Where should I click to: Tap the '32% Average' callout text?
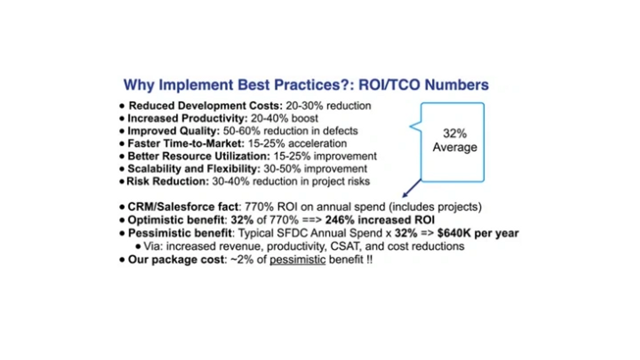click(455, 140)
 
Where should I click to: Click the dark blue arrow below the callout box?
click(412, 188)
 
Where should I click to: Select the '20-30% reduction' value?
click(328, 106)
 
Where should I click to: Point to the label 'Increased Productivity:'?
click(188, 118)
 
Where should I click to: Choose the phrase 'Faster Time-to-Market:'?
click(186, 144)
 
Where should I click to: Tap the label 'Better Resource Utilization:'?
click(199, 156)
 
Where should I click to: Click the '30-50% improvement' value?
click(315, 169)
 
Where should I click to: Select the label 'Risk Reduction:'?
click(168, 181)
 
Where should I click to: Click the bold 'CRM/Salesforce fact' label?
click(183, 207)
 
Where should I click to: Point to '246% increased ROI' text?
click(380, 220)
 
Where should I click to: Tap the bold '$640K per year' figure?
click(478, 233)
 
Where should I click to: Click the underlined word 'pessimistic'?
click(297, 260)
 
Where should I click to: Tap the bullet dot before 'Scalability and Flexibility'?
click(122, 169)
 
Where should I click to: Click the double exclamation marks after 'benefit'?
click(369, 260)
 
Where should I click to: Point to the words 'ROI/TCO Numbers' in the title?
click(424, 85)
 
